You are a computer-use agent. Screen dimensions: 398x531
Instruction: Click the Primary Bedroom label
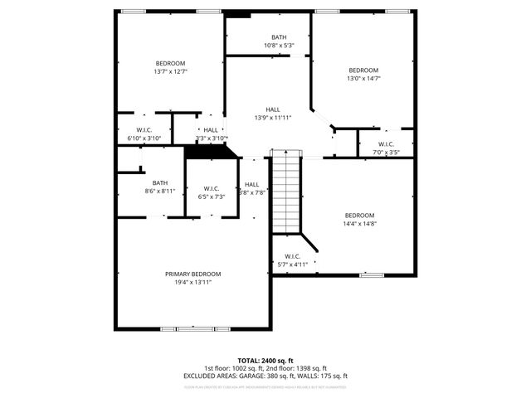pos(192,274)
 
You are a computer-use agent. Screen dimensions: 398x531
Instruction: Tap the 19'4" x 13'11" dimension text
pos(192,283)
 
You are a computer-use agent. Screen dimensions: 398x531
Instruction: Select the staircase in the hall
pos(285,192)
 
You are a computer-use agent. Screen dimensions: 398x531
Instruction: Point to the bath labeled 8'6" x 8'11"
pos(159,187)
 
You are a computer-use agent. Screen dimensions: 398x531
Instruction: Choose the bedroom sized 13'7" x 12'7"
pos(170,67)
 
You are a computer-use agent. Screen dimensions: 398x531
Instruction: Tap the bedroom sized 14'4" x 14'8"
pos(360,219)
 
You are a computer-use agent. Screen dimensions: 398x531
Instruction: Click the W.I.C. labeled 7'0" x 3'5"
pos(386,148)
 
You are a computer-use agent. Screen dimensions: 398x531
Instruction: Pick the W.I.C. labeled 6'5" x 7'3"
pos(210,192)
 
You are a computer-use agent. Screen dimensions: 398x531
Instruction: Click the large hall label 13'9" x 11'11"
pos(273,114)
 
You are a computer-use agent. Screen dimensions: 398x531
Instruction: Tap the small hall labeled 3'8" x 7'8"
pos(252,188)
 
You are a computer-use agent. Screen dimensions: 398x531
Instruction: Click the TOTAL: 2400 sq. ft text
pos(265,361)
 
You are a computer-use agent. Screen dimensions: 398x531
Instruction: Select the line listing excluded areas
pos(265,376)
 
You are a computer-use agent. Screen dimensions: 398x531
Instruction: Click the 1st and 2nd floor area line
pos(265,368)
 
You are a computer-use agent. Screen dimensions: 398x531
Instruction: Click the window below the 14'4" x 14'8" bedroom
pos(371,274)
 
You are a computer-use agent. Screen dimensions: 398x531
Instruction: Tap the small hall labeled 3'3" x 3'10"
pos(211,133)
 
